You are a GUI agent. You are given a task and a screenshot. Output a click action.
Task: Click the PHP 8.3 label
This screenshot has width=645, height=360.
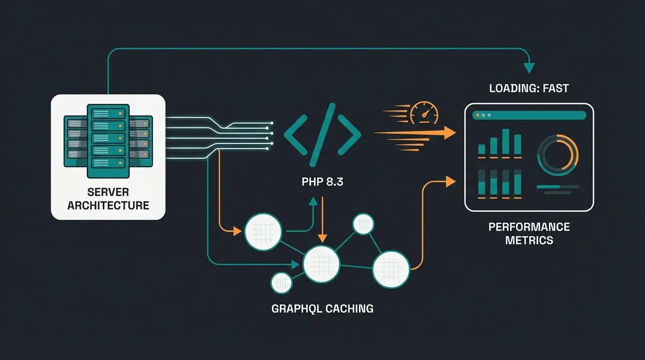pyautogui.click(x=322, y=182)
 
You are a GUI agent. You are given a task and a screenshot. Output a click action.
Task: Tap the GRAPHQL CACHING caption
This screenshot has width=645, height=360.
pyautogui.click(x=322, y=308)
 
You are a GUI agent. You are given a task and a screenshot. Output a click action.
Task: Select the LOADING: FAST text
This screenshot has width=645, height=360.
pyautogui.click(x=529, y=88)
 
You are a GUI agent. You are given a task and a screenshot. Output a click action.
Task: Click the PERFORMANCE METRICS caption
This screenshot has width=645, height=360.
pyautogui.click(x=529, y=233)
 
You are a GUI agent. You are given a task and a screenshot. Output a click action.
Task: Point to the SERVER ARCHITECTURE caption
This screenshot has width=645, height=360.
pyautogui.click(x=108, y=199)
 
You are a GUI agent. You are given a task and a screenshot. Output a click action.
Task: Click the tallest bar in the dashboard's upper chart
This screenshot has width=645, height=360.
pyautogui.click(x=506, y=142)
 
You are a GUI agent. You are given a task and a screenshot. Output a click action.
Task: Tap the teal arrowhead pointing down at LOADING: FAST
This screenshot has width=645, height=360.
pyautogui.click(x=529, y=68)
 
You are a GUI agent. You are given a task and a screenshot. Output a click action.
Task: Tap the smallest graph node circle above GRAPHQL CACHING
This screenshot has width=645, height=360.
pyautogui.click(x=281, y=283)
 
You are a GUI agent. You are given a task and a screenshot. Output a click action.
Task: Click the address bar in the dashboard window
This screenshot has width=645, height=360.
pyautogui.click(x=539, y=115)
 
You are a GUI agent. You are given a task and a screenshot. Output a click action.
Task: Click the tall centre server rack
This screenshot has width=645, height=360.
pyautogui.click(x=108, y=141)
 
